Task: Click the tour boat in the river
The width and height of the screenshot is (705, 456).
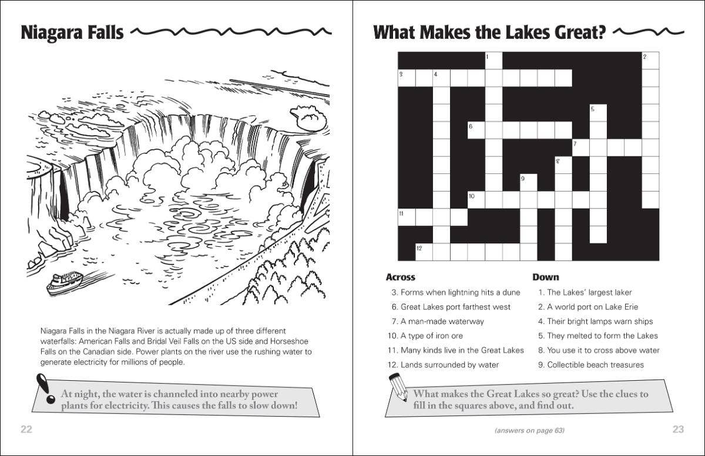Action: [x=64, y=281]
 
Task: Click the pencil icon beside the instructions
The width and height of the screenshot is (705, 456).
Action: [x=397, y=388]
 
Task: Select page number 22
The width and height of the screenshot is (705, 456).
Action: [x=26, y=429]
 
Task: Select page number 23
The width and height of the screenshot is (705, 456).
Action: [x=678, y=429]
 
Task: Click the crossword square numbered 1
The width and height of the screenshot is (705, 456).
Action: [x=493, y=61]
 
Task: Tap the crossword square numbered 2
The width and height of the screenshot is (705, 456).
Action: [x=650, y=61]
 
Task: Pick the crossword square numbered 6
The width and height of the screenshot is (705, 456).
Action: [x=476, y=130]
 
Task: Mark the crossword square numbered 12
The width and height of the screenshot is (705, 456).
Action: [x=424, y=252]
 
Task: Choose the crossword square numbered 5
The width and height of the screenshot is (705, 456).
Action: [x=598, y=113]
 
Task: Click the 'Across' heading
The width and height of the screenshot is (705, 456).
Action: [x=400, y=277]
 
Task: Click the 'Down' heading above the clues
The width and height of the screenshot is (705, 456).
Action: [x=546, y=277]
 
